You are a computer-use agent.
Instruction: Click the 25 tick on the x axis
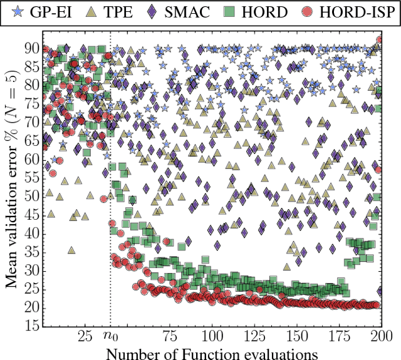coord(86,336)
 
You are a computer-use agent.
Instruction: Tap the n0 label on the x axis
coord(110,336)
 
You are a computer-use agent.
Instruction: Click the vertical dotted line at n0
coord(110,188)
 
